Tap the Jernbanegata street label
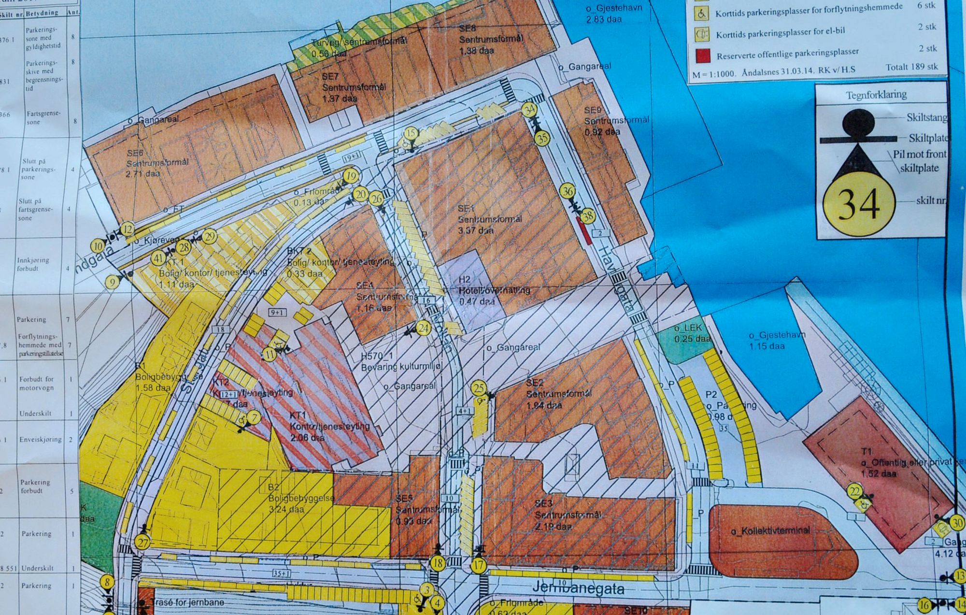coord(578,588)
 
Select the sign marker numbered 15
coord(411,133)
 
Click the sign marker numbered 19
coord(351,176)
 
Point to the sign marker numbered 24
coord(423,329)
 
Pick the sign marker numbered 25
coord(479,388)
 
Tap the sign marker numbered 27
coord(142,543)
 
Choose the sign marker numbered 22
coord(855,492)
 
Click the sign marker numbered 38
coord(587,216)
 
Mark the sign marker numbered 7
coord(254,417)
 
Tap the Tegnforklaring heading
coord(876,94)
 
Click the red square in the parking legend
coord(703,56)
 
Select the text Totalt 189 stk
coord(911,67)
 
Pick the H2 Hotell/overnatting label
coord(494,290)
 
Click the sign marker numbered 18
coord(438,563)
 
